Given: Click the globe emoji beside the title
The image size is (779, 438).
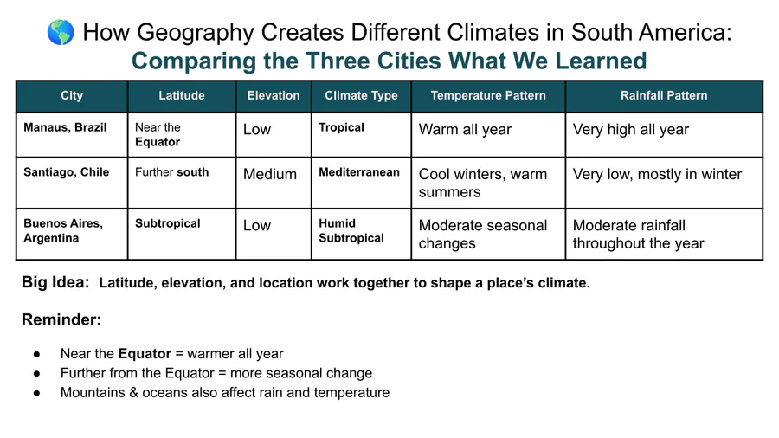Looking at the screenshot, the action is click(x=61, y=32).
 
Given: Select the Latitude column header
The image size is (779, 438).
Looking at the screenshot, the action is click(x=182, y=96).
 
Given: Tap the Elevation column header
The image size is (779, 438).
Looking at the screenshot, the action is click(x=274, y=96).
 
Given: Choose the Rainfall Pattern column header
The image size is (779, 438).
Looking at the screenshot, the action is click(x=664, y=96).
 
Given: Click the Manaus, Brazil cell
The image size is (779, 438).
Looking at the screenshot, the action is click(x=72, y=135).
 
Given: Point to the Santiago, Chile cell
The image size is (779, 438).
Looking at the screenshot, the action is click(x=72, y=183).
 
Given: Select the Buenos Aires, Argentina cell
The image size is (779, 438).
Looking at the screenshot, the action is click(x=72, y=234).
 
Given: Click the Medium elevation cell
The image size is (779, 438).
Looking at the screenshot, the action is click(x=274, y=183).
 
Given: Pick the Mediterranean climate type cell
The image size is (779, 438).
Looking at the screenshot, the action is click(x=361, y=183).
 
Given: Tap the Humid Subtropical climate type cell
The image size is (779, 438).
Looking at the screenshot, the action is click(x=361, y=234).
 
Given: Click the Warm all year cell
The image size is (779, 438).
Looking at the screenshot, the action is click(x=488, y=135).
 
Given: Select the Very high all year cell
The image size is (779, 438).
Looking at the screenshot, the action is click(x=664, y=135).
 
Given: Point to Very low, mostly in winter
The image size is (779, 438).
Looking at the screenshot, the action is click(x=657, y=174).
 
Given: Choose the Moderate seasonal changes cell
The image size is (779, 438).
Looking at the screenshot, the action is click(x=488, y=234).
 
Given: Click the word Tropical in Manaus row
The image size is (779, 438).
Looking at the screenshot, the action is click(x=341, y=127).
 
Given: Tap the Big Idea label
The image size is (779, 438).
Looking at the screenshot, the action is click(x=55, y=282).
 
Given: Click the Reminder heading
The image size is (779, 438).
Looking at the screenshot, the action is click(x=61, y=319).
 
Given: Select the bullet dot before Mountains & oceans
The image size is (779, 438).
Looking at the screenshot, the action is click(x=36, y=393).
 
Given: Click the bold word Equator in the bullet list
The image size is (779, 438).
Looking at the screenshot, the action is click(x=145, y=353).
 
